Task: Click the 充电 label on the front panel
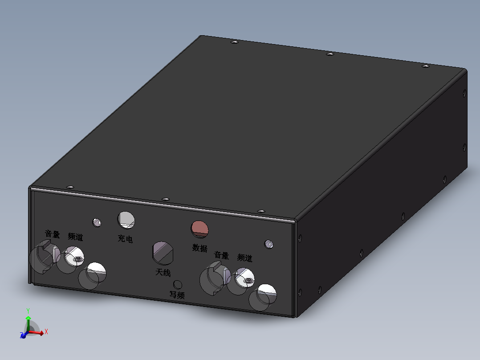coord(125,239)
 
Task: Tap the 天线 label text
coord(163,272)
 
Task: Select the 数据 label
coord(200,248)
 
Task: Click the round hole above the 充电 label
coord(126,219)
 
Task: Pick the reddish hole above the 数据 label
coord(199,228)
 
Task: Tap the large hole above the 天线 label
coord(163,253)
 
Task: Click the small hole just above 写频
coord(177,284)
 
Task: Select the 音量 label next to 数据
coord(221,255)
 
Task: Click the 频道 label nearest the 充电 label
coord(76,237)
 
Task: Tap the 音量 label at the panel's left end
coord(53,234)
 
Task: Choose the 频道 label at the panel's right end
coord(245,258)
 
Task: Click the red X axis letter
coord(46,331)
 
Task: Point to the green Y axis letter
coord(28,310)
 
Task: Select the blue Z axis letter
coord(21,335)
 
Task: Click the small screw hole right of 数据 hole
coord(268,244)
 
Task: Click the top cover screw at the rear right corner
coord(425,66)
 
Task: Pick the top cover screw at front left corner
coord(69,187)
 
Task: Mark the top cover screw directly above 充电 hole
coord(166,199)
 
